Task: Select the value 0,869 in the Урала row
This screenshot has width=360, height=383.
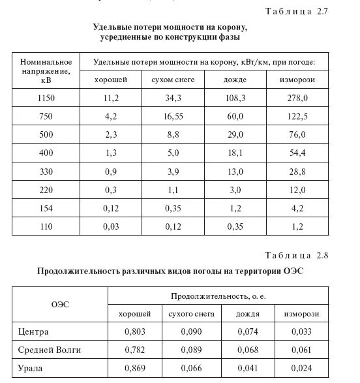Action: [x=134, y=369]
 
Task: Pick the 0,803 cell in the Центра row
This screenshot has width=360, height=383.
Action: [x=134, y=332]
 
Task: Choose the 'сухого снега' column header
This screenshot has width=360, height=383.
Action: [x=190, y=314]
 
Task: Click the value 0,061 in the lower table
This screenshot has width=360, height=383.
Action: [x=300, y=350]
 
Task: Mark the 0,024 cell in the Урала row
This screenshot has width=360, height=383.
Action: [x=300, y=369]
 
